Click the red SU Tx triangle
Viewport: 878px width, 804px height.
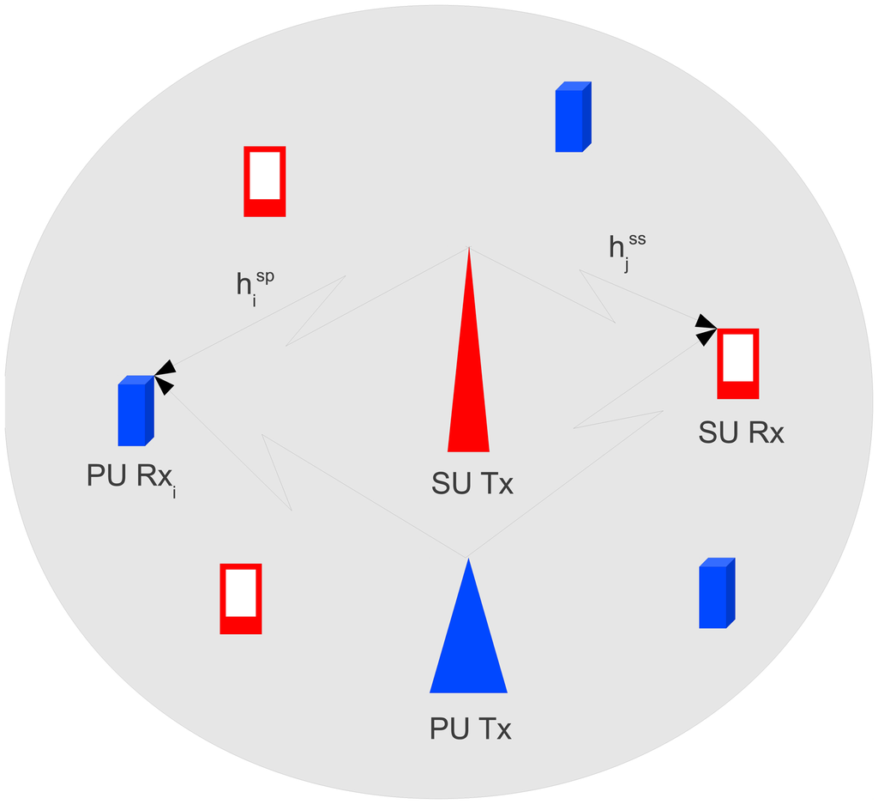(x=468, y=386)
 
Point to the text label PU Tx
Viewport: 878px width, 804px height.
(x=470, y=730)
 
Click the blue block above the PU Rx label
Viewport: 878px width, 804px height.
(x=135, y=411)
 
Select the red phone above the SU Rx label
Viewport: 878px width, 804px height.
(x=738, y=364)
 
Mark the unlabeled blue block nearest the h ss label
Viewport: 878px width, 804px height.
(x=573, y=117)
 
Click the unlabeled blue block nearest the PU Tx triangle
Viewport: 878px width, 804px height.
(x=717, y=593)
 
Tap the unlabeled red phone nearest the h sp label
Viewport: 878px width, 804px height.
(x=264, y=181)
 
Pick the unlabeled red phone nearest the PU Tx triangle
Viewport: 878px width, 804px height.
(x=240, y=598)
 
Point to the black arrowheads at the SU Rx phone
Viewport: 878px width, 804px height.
(x=705, y=329)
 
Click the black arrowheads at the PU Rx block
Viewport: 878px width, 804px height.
(x=164, y=376)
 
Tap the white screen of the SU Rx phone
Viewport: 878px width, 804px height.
(x=738, y=357)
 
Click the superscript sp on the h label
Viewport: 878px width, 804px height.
(x=265, y=276)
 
